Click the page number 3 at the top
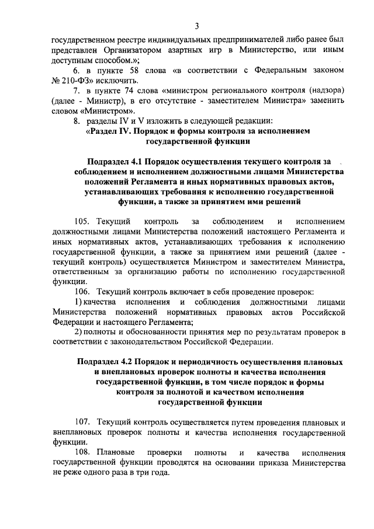pos(197,26)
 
